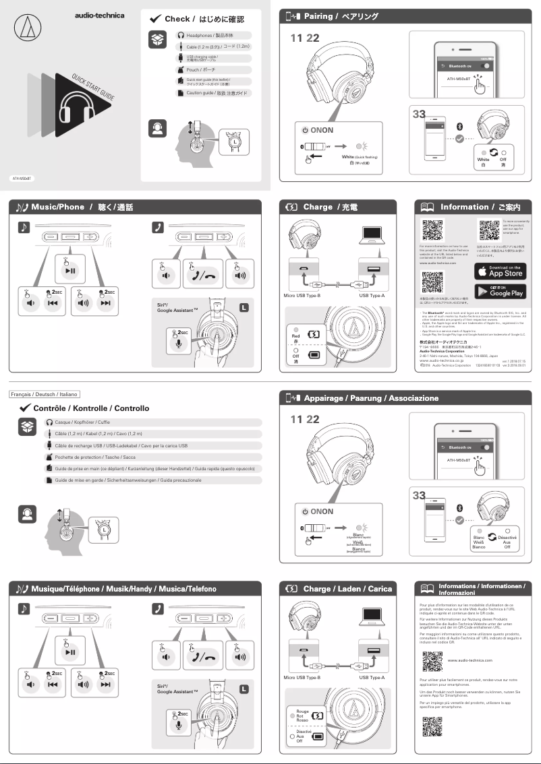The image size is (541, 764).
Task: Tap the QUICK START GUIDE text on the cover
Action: point(93,88)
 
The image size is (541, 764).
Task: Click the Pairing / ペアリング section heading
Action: point(341,16)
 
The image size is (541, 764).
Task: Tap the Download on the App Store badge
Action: point(500,271)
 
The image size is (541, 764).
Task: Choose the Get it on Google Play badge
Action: point(500,291)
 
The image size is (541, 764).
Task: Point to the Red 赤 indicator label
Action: point(295,338)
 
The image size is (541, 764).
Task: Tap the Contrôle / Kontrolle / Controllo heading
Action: point(91,408)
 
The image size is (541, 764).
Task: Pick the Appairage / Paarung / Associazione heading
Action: point(370,398)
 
